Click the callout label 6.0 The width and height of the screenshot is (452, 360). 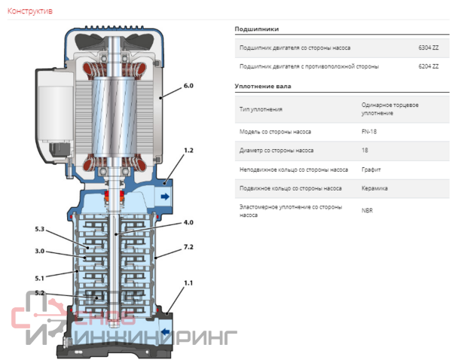pyautogui.click(x=188, y=87)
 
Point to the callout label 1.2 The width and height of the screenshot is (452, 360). pyautogui.click(x=188, y=151)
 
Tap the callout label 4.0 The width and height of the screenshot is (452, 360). pyautogui.click(x=188, y=223)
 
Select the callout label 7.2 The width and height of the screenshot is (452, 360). pyautogui.click(x=188, y=247)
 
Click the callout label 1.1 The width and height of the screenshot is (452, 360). pyautogui.click(x=188, y=282)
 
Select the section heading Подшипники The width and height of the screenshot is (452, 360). pyautogui.click(x=257, y=29)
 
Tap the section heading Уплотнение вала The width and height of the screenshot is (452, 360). pyautogui.click(x=263, y=87)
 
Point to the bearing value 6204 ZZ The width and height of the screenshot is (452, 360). pyautogui.click(x=429, y=67)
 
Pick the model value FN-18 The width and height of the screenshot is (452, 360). pyautogui.click(x=370, y=132)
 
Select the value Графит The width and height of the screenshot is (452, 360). pyautogui.click(x=372, y=169)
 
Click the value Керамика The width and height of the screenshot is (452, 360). pyautogui.click(x=375, y=188)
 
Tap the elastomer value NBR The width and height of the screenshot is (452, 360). pyautogui.click(x=367, y=210)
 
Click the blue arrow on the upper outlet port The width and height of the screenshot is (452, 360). pyautogui.click(x=165, y=197)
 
